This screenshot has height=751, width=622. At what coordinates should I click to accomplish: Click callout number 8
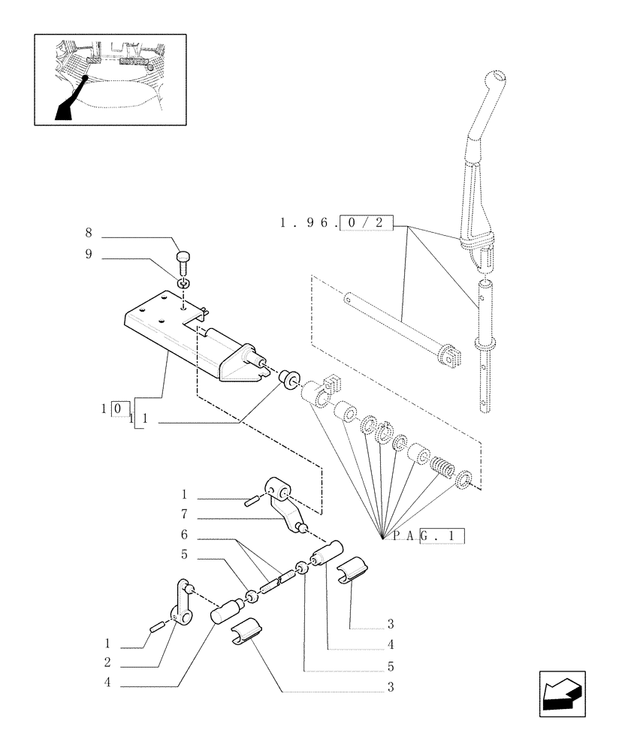click(88, 234)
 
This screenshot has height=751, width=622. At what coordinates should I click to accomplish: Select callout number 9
click(88, 255)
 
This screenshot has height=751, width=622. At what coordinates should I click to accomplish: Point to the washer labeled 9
click(184, 282)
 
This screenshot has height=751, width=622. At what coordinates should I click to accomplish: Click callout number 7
click(183, 515)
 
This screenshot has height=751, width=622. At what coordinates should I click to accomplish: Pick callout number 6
click(183, 535)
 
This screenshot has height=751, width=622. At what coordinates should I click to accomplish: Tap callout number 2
click(108, 662)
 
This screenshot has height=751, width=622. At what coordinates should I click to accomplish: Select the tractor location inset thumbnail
click(110, 80)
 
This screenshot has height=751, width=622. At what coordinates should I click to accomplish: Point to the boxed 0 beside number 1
click(117, 409)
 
